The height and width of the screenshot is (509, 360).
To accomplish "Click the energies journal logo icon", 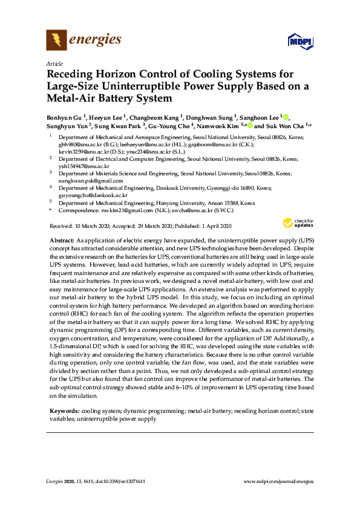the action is pos(56,41).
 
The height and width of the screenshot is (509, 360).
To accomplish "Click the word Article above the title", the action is pos(54,63).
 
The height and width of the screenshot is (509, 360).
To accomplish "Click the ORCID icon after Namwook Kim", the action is pos(249,126).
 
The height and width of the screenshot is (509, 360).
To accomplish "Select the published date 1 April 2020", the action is pos(212,226).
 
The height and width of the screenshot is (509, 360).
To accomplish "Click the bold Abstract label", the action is pos(62,241).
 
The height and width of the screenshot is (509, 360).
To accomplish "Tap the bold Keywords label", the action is pos(64,410).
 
